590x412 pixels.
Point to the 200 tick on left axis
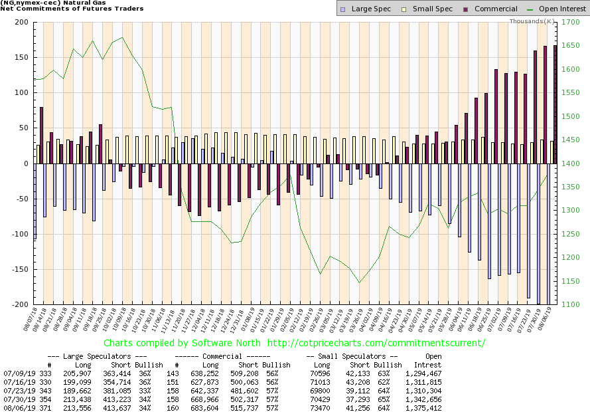point(21,23)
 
